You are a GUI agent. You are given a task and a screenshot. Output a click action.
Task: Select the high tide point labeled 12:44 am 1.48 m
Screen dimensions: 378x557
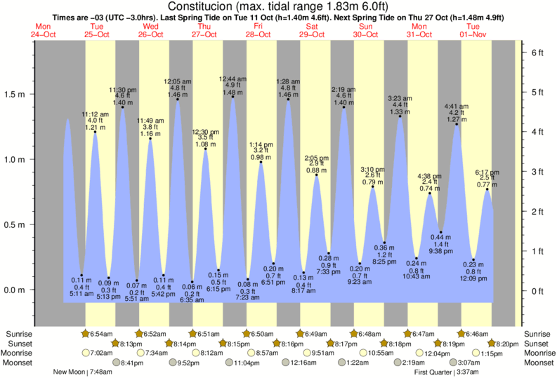pyautogui.click(x=232, y=97)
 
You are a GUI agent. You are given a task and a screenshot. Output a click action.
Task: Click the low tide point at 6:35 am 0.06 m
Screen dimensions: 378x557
pyautogui.click(x=192, y=282)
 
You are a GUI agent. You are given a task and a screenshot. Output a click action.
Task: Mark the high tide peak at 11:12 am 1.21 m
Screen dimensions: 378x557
pyautogui.click(x=95, y=132)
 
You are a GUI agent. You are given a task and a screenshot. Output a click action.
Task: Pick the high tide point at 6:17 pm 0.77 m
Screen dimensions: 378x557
pyautogui.click(x=487, y=189)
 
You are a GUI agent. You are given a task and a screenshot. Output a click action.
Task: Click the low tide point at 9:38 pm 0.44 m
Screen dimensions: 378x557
pyautogui.click(x=440, y=232)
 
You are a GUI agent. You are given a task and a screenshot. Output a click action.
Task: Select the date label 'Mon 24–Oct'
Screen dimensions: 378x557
pyautogui.click(x=44, y=31)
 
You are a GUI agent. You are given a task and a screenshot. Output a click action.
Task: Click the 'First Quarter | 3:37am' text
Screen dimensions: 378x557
pyautogui.click(x=447, y=372)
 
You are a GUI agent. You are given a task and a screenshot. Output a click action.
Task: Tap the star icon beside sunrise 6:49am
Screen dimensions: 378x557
pyautogui.click(x=301, y=333)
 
